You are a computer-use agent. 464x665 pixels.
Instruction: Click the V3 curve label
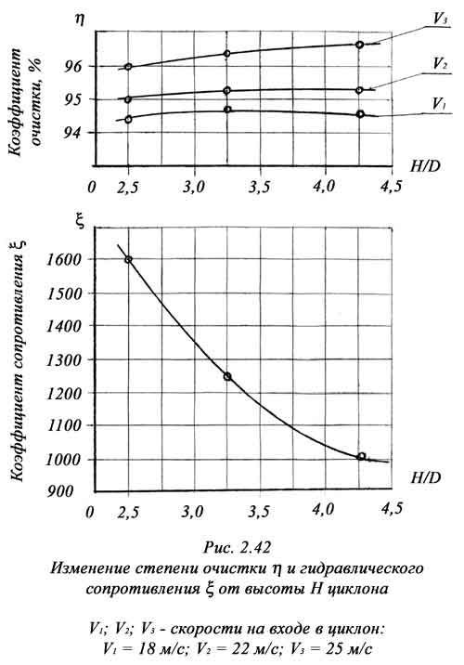[x=440, y=20]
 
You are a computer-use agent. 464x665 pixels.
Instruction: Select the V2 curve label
[x=440, y=64]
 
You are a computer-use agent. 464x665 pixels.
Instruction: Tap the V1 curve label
[x=440, y=104]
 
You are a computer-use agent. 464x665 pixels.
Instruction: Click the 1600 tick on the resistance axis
[x=63, y=259]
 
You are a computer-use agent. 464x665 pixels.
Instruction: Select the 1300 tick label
[x=63, y=360]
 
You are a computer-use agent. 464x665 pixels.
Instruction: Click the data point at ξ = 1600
[x=128, y=259]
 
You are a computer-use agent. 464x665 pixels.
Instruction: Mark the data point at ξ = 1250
[x=227, y=376]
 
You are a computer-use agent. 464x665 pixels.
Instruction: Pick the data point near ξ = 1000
[x=361, y=456]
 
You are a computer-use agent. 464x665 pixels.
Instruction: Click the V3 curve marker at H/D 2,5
[x=128, y=67]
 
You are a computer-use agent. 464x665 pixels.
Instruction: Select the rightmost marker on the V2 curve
[x=359, y=90]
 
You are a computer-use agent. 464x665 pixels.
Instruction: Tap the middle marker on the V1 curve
[x=227, y=110]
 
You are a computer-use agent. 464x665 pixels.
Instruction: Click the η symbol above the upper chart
[x=79, y=19]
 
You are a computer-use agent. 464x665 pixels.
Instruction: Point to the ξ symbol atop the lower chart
[x=79, y=223]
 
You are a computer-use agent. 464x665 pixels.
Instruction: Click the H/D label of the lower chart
[x=425, y=477]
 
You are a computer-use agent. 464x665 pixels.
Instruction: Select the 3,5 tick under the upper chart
[x=259, y=187]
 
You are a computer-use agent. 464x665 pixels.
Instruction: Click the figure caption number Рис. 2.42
[x=237, y=548]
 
